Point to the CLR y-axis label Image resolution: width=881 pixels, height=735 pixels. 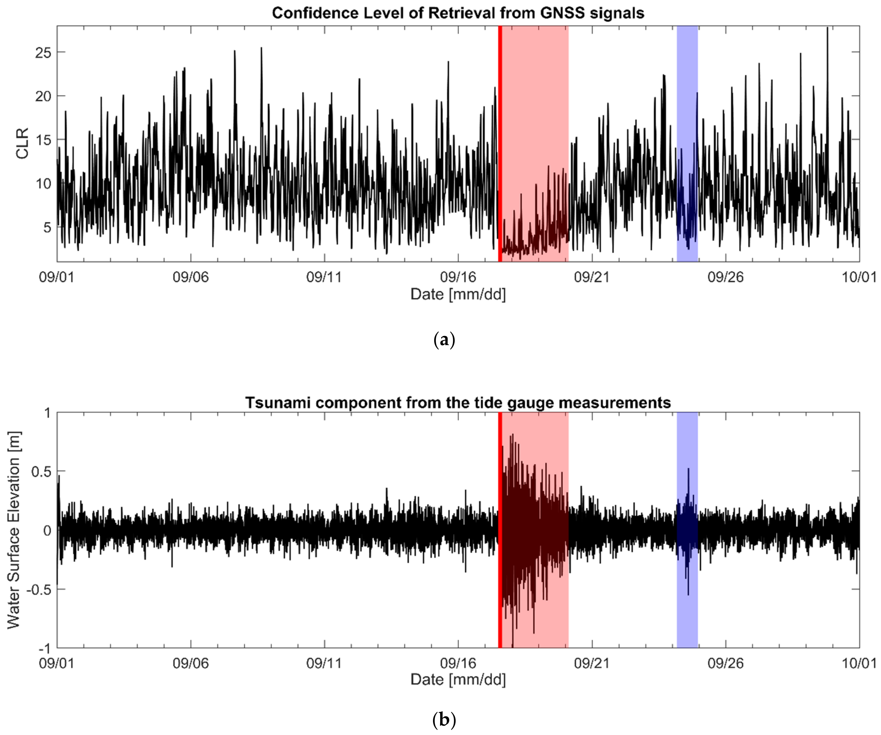pyautogui.click(x=22, y=144)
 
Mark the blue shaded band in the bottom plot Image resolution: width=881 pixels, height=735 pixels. pyautogui.click(x=687, y=608)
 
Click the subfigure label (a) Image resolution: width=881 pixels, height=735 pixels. pyautogui.click(x=444, y=339)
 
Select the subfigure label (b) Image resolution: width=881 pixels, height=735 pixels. pyautogui.click(x=444, y=720)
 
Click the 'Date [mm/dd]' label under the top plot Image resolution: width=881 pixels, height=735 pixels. pyautogui.click(x=458, y=294)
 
